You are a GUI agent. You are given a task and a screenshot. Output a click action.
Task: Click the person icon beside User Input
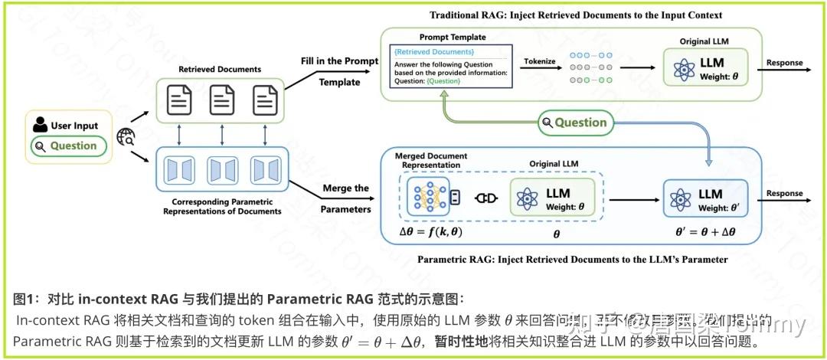(x=41, y=126)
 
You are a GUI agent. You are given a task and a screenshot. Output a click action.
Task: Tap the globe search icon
(x=126, y=137)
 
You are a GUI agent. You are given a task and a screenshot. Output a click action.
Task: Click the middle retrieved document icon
(x=222, y=99)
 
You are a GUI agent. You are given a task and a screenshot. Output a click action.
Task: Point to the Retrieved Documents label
(x=220, y=69)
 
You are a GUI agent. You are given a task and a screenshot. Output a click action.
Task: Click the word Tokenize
(x=539, y=61)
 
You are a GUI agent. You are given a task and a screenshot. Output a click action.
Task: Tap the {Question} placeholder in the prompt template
(x=444, y=80)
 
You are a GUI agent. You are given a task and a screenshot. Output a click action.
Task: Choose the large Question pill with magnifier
(x=575, y=122)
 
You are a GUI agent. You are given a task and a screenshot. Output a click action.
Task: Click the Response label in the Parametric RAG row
(x=784, y=194)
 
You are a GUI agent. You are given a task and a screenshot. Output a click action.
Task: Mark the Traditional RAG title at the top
(x=576, y=15)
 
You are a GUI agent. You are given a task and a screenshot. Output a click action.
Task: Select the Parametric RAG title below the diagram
(x=572, y=260)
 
